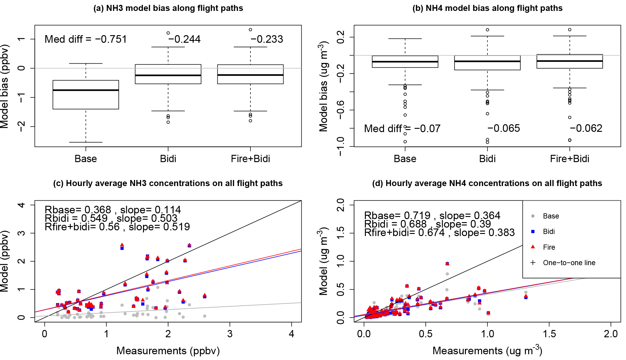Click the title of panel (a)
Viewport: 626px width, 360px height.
pos(168,8)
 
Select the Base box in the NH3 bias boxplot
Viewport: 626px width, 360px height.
pos(86,95)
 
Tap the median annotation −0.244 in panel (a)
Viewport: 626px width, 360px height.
pos(184,39)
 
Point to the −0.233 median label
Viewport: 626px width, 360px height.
pos(267,39)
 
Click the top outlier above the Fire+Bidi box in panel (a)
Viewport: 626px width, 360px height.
pos(250,30)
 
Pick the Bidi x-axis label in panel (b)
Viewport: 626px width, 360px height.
pos(487,158)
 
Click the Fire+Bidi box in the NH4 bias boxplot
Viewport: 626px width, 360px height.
pos(570,62)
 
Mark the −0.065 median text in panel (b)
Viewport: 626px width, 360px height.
pos(504,128)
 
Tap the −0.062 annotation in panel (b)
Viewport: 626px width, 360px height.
pos(586,128)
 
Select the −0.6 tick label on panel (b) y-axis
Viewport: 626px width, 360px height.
pos(340,110)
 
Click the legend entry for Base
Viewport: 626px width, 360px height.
pos(551,216)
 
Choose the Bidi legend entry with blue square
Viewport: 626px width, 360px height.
pos(548,232)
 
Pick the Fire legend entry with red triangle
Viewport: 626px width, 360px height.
pos(549,247)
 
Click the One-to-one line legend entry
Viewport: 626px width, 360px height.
pos(569,263)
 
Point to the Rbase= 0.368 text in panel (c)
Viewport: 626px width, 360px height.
pos(78,210)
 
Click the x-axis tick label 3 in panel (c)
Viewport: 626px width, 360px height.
pos(230,334)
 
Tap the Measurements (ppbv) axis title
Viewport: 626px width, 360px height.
pos(168,351)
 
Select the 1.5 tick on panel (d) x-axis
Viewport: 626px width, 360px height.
pos(549,334)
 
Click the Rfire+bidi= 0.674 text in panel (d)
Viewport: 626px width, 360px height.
pos(404,232)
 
